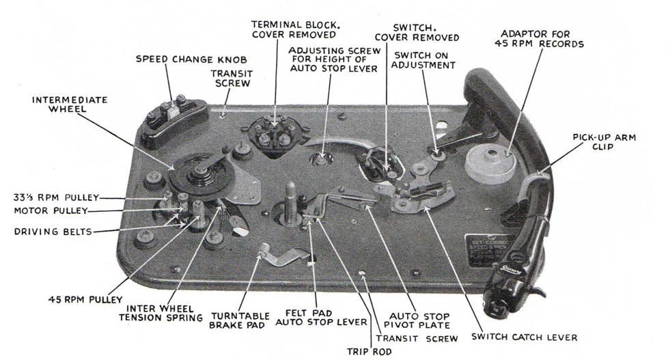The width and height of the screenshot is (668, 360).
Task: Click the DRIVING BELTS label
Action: [x=53, y=232]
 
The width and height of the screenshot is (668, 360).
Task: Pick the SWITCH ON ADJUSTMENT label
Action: [x=420, y=60]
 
